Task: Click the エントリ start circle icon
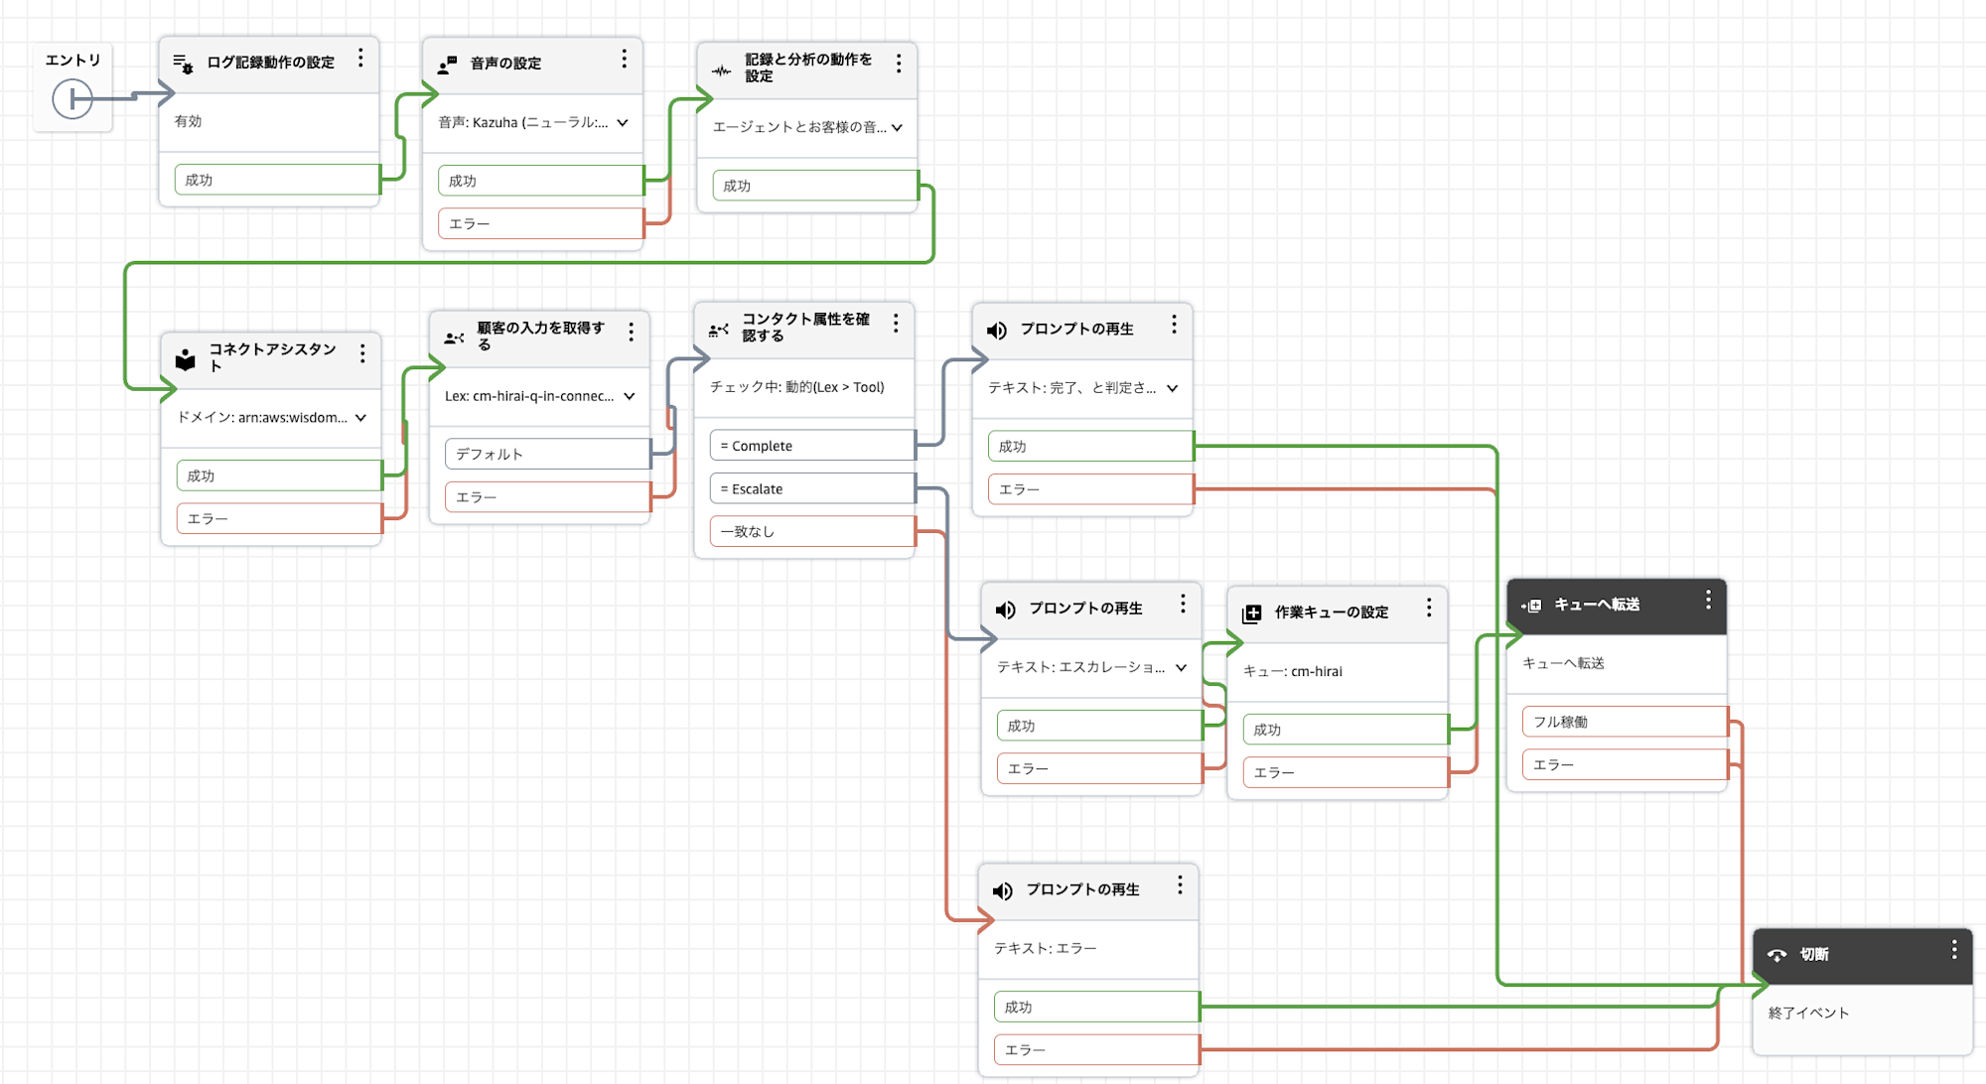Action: click(72, 99)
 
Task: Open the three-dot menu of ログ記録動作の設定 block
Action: click(360, 59)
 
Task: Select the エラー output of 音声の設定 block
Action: click(539, 224)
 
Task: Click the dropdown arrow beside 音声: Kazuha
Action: click(623, 123)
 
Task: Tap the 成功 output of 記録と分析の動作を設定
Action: click(813, 186)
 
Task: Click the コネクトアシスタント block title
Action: click(271, 356)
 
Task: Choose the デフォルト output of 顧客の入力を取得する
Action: click(546, 455)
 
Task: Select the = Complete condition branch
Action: click(810, 446)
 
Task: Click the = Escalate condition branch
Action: click(810, 489)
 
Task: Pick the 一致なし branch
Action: click(810, 532)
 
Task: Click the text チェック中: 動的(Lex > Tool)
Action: click(796, 387)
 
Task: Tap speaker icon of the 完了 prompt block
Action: click(997, 331)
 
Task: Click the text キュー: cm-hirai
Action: click(1292, 672)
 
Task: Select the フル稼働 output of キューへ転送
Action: click(1623, 722)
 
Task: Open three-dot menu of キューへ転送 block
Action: click(1708, 601)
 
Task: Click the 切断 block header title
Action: click(1813, 955)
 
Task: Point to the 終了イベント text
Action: click(1808, 1014)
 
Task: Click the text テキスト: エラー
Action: click(1045, 949)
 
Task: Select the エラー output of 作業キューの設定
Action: click(1344, 772)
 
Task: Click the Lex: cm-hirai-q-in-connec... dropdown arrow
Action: click(630, 396)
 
